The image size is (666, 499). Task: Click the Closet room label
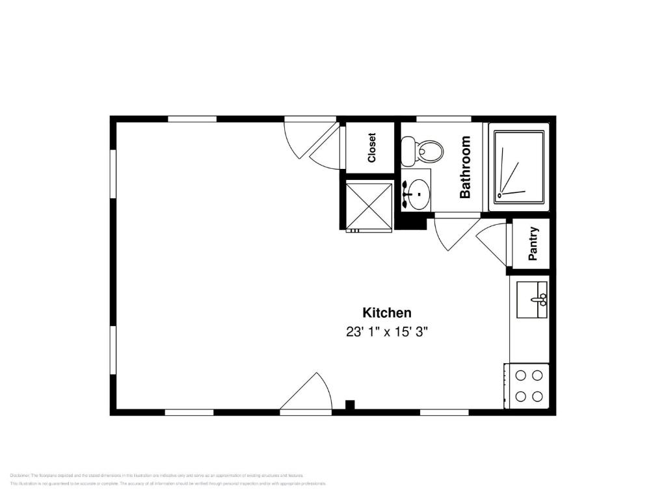[x=372, y=148]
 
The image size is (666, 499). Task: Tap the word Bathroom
[x=465, y=167]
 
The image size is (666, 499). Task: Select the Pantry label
[x=533, y=244]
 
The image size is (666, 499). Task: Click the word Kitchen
[x=386, y=313]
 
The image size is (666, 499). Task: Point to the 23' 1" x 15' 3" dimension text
[x=386, y=331]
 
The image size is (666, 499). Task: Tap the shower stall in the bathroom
[x=518, y=167]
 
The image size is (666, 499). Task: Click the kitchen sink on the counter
[x=532, y=300]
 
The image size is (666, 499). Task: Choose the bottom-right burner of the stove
[x=538, y=396]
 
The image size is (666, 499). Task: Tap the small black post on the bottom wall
[x=350, y=405]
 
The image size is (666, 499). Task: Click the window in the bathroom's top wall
[x=444, y=119]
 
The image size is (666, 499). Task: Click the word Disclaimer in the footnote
[x=20, y=476]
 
